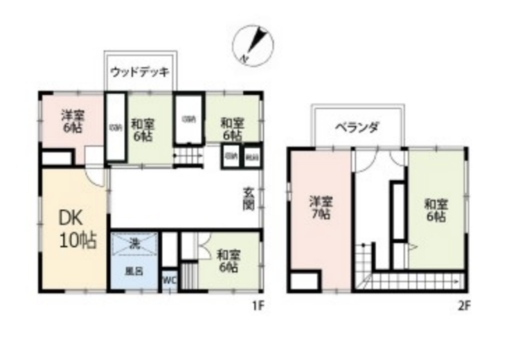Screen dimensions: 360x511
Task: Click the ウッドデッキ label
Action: pos(141,71)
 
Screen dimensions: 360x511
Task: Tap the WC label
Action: pos(169,280)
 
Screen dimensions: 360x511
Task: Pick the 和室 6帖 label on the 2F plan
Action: pos(435,210)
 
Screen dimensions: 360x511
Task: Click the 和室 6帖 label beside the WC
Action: pos(226,261)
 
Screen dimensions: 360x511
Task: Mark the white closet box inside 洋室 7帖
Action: pos(305,280)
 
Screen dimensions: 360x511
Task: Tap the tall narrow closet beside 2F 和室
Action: pos(397,210)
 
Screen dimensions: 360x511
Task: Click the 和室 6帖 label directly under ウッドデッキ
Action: pos(143,129)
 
